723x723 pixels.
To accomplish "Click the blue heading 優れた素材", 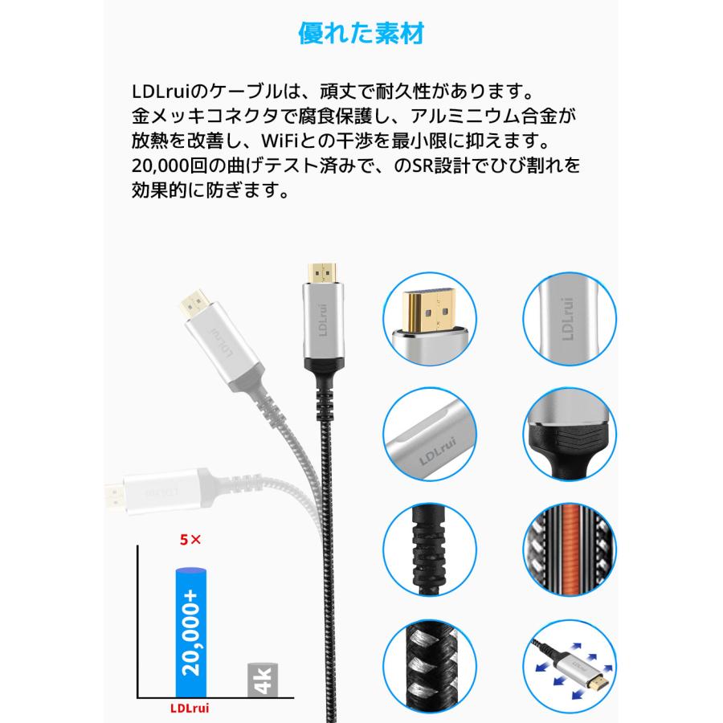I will (361, 34).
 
